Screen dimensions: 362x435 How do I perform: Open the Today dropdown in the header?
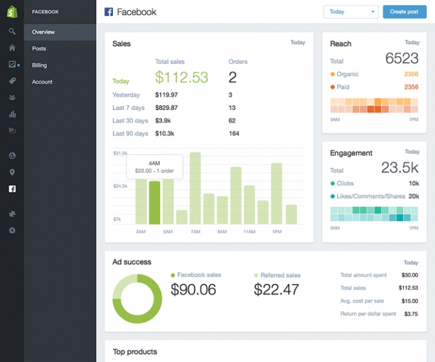[x=350, y=12]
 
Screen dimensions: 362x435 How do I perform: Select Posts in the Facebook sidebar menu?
[x=39, y=48]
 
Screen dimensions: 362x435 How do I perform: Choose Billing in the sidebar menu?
[x=40, y=65]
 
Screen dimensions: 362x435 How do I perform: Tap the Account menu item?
[x=42, y=82]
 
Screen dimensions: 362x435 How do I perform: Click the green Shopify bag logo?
[x=12, y=12]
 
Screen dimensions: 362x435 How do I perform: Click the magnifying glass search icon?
[x=12, y=31]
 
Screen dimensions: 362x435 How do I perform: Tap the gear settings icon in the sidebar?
[x=12, y=230]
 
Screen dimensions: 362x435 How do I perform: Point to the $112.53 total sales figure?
[x=181, y=77]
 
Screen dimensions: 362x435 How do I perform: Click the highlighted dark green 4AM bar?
[x=155, y=202]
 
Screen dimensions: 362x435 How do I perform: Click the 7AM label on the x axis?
[x=195, y=232]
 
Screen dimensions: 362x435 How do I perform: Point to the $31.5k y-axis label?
[x=121, y=153]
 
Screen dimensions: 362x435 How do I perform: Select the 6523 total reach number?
[x=401, y=59]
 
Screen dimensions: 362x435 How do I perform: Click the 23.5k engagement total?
[x=400, y=168]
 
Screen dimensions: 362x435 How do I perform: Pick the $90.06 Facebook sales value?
[x=193, y=289]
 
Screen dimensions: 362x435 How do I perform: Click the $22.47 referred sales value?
[x=277, y=289]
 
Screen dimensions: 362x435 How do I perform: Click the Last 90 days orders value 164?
[x=234, y=133]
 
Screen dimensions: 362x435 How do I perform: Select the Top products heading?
[x=135, y=352]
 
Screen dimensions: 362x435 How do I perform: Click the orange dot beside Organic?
[x=332, y=75]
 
